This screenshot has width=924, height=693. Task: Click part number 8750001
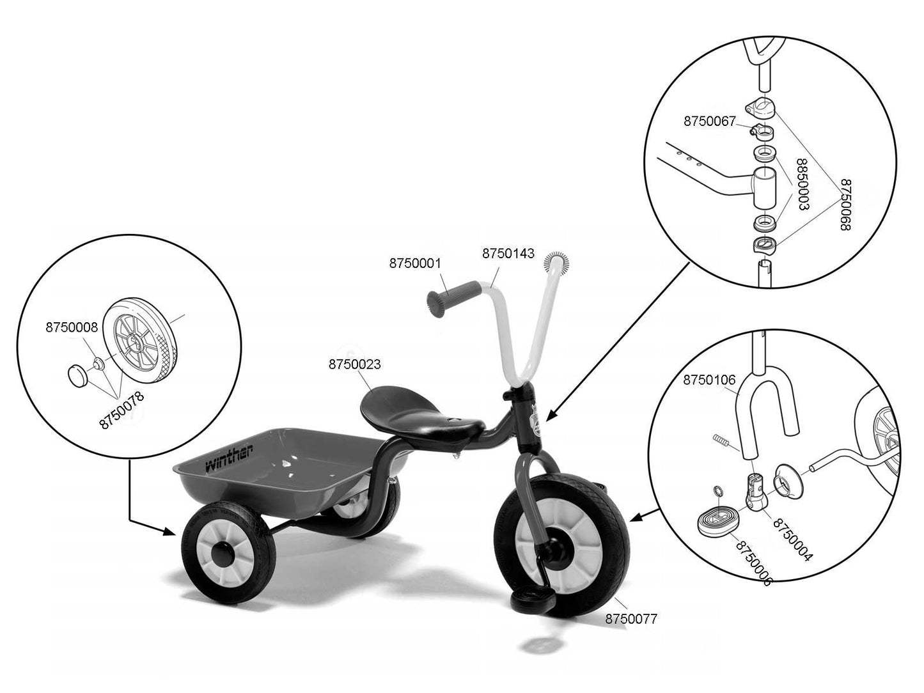pyautogui.click(x=416, y=263)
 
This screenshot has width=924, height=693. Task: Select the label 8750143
pyautogui.click(x=508, y=253)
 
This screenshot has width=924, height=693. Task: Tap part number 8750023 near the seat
pyautogui.click(x=354, y=364)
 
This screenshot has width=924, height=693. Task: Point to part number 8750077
pyautogui.click(x=630, y=619)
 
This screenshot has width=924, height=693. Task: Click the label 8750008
pyautogui.click(x=71, y=328)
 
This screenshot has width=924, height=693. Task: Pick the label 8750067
pyautogui.click(x=710, y=121)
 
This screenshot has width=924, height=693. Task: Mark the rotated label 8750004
pyautogui.click(x=792, y=540)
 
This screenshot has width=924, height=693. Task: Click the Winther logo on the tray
pyautogui.click(x=228, y=457)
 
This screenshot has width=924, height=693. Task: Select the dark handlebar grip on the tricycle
pyautogui.click(x=451, y=297)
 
